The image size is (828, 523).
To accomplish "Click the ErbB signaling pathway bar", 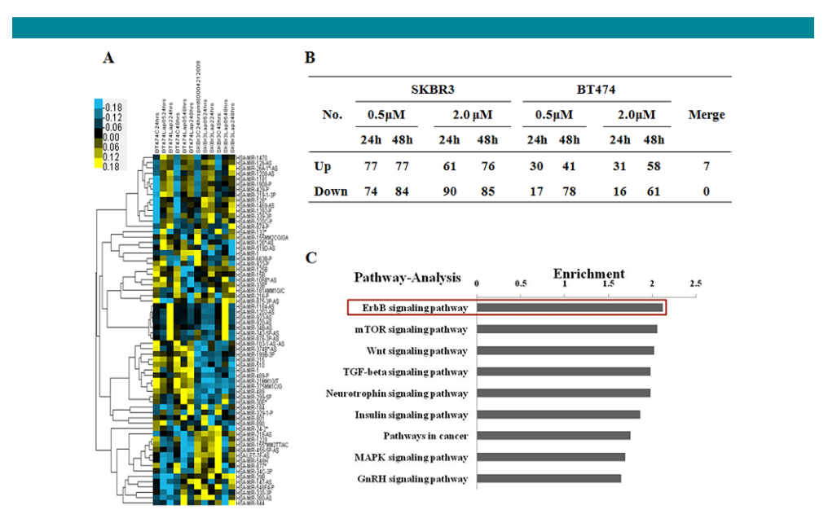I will [x=570, y=308].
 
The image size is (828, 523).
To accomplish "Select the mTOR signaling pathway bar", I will [x=566, y=329].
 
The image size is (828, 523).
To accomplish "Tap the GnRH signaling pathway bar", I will [x=548, y=478].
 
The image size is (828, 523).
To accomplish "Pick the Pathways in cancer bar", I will [x=553, y=436].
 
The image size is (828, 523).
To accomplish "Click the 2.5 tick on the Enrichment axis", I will [x=695, y=283].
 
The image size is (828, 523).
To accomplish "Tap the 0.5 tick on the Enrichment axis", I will [x=521, y=283].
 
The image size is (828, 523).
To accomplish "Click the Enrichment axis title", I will [x=588, y=274].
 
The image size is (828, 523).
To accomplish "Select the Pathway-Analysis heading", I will [x=407, y=278].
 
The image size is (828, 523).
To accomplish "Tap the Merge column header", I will [x=706, y=115].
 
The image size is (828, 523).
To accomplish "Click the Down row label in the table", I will [x=331, y=191].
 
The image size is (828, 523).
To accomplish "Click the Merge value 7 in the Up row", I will [x=706, y=166].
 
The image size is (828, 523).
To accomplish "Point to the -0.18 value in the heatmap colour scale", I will [x=112, y=107].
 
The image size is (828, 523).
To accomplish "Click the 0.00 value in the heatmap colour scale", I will [x=112, y=138].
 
